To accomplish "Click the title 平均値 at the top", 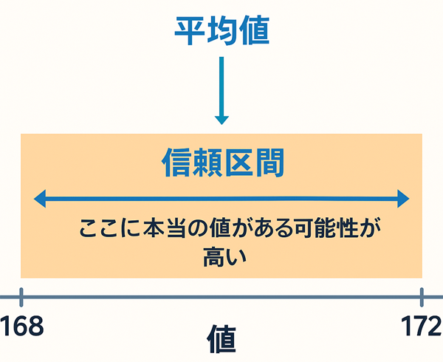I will pyautogui.click(x=221, y=32).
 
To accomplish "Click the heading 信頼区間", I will pyautogui.click(x=222, y=163).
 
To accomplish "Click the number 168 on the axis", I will pyautogui.click(x=22, y=324).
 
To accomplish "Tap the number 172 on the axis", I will pyautogui.click(x=422, y=324).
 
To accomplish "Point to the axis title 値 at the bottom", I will pyautogui.click(x=221, y=341).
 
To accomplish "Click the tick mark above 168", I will pyautogui.click(x=22, y=297).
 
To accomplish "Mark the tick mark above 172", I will pyautogui.click(x=422, y=297).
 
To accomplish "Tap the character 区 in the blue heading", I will pyautogui.click(x=238, y=163).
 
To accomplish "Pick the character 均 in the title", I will pyautogui.click(x=221, y=32).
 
